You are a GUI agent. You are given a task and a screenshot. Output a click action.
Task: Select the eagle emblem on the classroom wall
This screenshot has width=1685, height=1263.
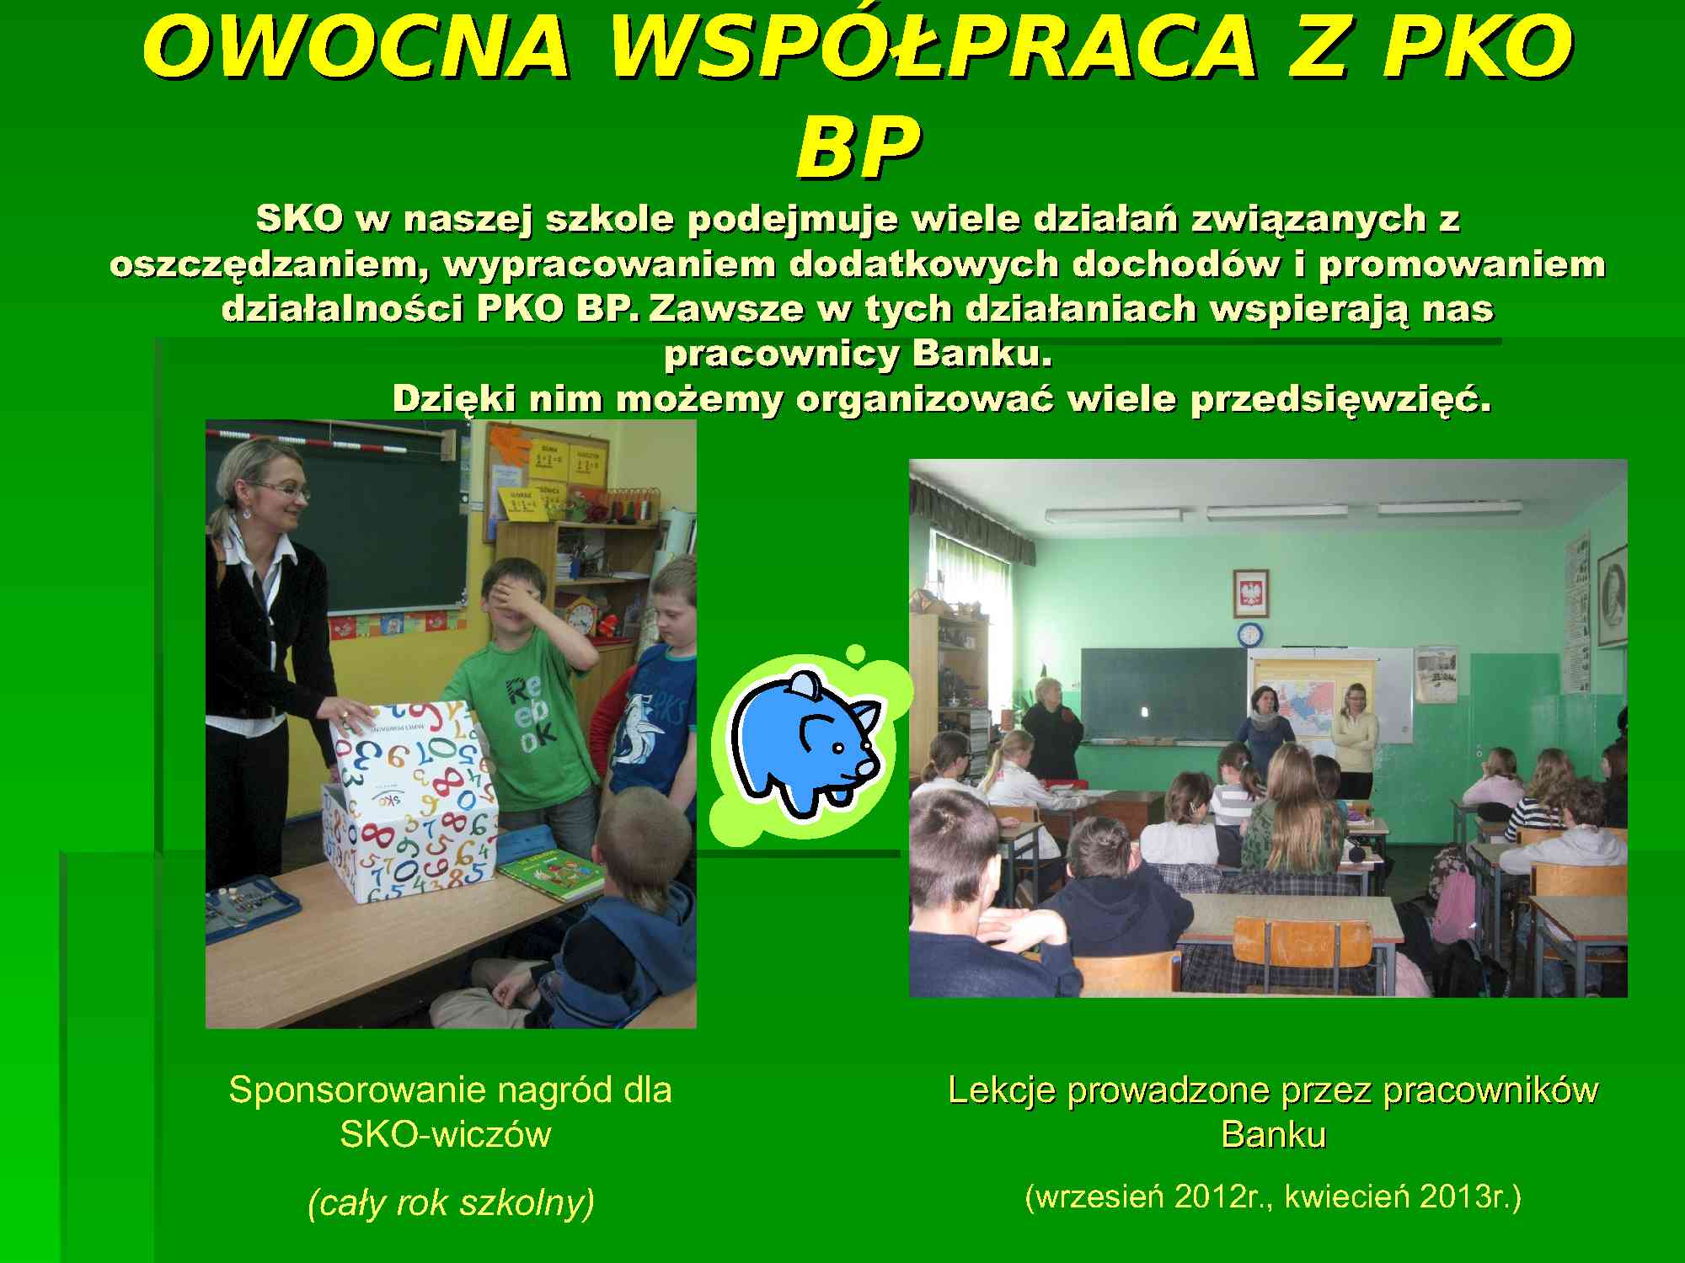tap(1251, 594)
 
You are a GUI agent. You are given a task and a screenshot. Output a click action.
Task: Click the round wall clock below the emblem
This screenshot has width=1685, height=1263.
tap(1249, 634)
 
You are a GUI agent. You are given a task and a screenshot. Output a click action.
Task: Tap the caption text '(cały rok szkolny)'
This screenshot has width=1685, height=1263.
tap(451, 1202)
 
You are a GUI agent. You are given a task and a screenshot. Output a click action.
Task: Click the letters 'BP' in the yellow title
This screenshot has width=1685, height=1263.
tap(857, 148)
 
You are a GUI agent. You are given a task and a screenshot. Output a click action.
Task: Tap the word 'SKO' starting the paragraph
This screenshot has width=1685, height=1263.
tap(300, 219)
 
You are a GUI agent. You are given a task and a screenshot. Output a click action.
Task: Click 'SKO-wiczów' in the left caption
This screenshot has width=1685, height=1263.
tap(446, 1134)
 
